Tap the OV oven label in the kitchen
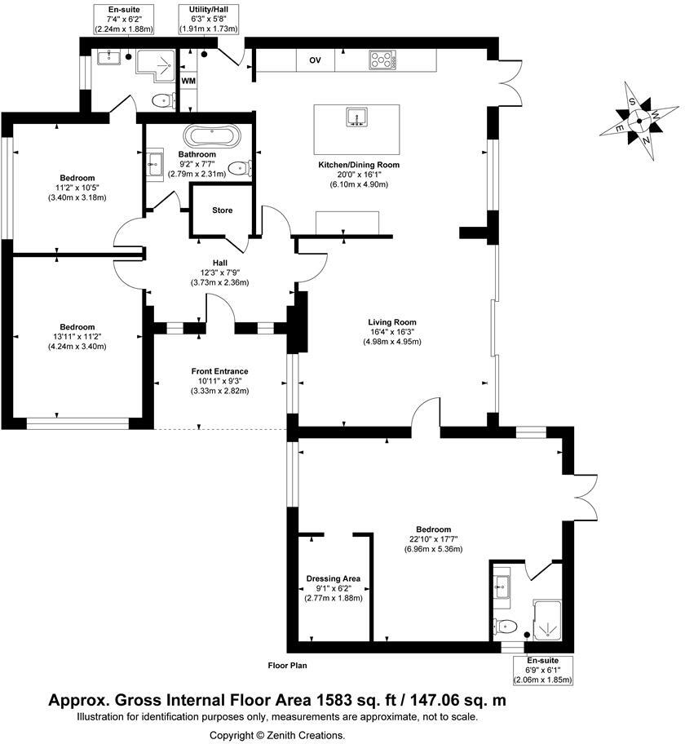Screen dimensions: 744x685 (x=314, y=60)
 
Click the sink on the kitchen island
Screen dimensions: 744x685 (x=357, y=118)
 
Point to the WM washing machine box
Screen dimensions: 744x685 (x=188, y=81)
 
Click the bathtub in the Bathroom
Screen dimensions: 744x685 (x=212, y=135)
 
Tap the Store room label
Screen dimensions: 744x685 (x=223, y=210)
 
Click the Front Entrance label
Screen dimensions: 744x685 (x=219, y=371)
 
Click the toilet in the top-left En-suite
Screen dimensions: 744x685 (x=163, y=101)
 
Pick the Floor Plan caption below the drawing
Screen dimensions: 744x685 (x=287, y=666)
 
